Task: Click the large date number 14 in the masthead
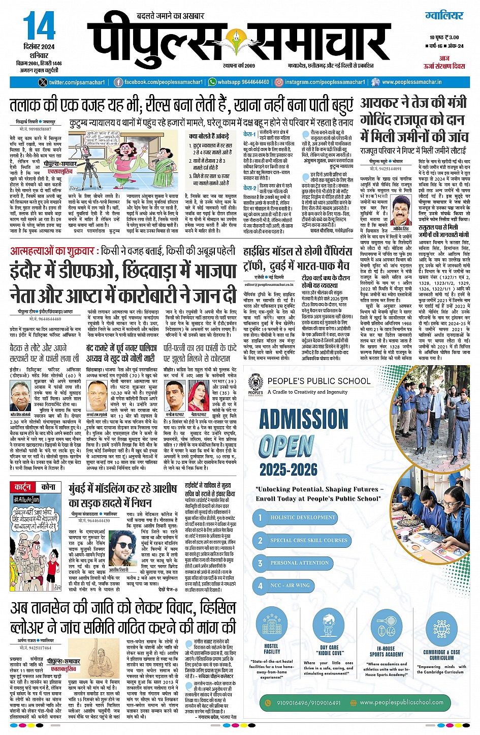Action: [39, 26]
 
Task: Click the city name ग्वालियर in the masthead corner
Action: [444, 16]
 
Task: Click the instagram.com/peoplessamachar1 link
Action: [319, 82]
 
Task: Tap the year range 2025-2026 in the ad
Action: [288, 469]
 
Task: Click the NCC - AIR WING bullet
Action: [290, 585]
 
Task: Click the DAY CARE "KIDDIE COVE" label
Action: [330, 650]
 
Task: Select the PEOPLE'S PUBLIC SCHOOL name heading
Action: [319, 381]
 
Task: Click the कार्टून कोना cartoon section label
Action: [35, 487]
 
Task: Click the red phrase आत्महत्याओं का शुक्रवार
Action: [52, 251]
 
